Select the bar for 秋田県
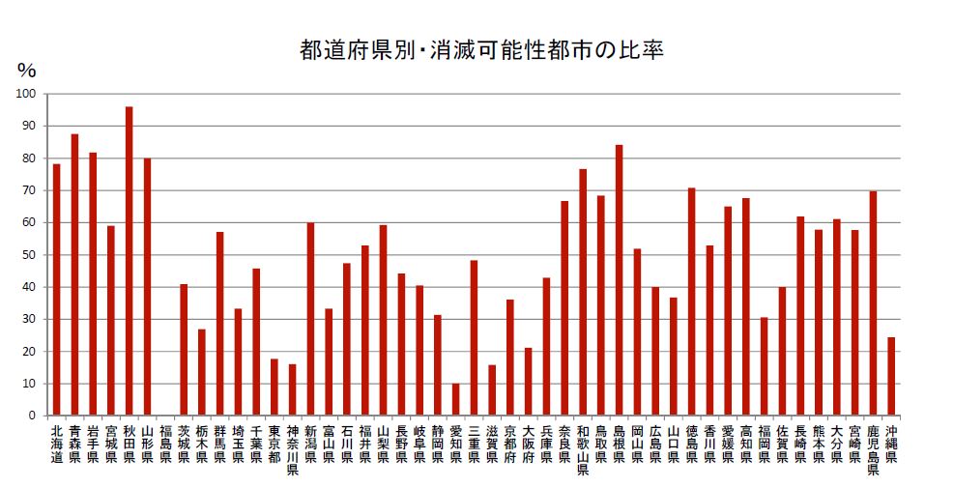point(129,261)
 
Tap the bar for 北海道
point(56,290)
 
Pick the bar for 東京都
point(274,388)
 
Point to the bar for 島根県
point(619,280)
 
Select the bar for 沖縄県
point(891,376)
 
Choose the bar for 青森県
point(74,274)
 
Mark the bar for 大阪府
point(528,382)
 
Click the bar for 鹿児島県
point(873,303)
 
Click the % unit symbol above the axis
point(26,71)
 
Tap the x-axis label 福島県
point(165,444)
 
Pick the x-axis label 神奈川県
point(292,450)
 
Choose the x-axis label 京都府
point(509,444)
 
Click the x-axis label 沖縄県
point(891,444)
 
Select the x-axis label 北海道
point(56,444)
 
